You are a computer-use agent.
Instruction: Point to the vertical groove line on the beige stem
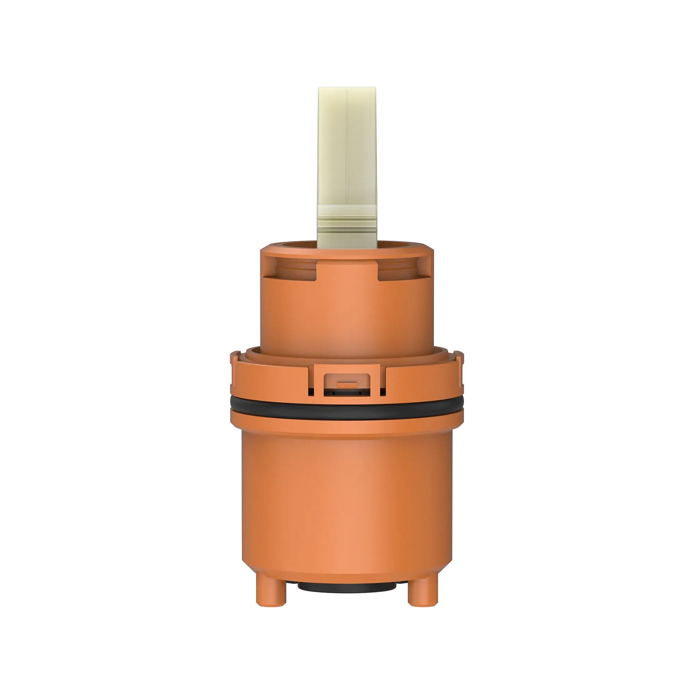click(347, 151)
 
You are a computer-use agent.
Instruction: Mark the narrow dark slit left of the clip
click(311, 391)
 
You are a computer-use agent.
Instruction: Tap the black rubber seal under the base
click(347, 588)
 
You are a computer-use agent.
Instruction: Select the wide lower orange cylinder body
click(347, 503)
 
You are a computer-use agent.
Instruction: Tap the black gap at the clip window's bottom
click(347, 394)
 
